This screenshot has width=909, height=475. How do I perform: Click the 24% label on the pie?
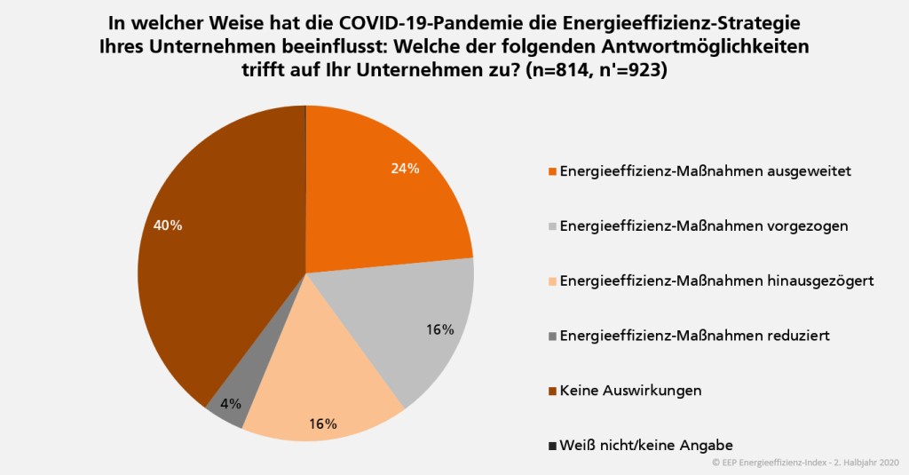pyautogui.click(x=404, y=169)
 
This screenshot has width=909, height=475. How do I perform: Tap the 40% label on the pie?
pyautogui.click(x=167, y=226)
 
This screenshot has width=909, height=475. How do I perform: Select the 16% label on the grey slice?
pyautogui.click(x=439, y=329)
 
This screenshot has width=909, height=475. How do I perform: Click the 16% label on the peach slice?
pyautogui.click(x=322, y=424)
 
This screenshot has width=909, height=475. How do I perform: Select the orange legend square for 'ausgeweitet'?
pyautogui.click(x=552, y=171)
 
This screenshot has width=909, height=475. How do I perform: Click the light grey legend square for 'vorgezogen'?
pyautogui.click(x=552, y=226)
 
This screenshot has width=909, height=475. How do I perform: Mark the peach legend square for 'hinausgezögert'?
pyautogui.click(x=552, y=281)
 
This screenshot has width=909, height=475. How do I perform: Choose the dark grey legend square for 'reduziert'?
pyautogui.click(x=552, y=336)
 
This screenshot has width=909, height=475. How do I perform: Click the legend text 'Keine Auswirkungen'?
pyautogui.click(x=630, y=390)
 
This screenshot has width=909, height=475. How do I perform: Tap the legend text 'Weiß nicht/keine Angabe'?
pyautogui.click(x=646, y=444)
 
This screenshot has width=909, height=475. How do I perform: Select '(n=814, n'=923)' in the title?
pyautogui.click(x=596, y=70)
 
